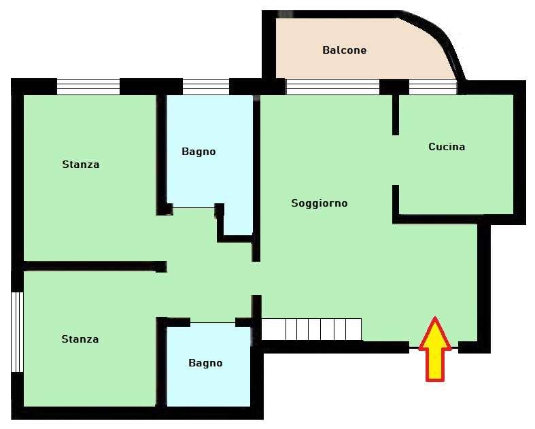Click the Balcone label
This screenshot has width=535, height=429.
[344, 50]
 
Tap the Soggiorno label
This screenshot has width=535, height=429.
[320, 203]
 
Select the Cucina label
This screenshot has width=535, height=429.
[447, 147]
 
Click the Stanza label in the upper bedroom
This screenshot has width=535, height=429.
[81, 165]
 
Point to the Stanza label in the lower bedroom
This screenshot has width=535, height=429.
[80, 339]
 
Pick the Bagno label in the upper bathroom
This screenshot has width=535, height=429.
[199, 152]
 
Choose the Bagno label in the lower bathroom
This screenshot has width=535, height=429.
[205, 363]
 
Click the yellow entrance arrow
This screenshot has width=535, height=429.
[435, 349]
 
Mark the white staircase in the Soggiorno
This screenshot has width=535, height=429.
[311, 329]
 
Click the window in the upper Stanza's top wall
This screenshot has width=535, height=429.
[88, 87]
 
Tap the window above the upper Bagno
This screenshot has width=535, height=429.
[206, 87]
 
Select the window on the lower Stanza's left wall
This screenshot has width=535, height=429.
[17, 332]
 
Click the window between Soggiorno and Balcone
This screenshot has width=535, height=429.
[332, 87]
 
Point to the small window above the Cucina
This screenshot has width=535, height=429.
[432, 87]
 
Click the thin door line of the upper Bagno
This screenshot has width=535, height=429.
[194, 207]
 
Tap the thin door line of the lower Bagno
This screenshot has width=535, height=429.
[213, 322]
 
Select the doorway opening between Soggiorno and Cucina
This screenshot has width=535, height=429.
[396, 160]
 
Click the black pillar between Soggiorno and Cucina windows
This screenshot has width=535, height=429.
[394, 87]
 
